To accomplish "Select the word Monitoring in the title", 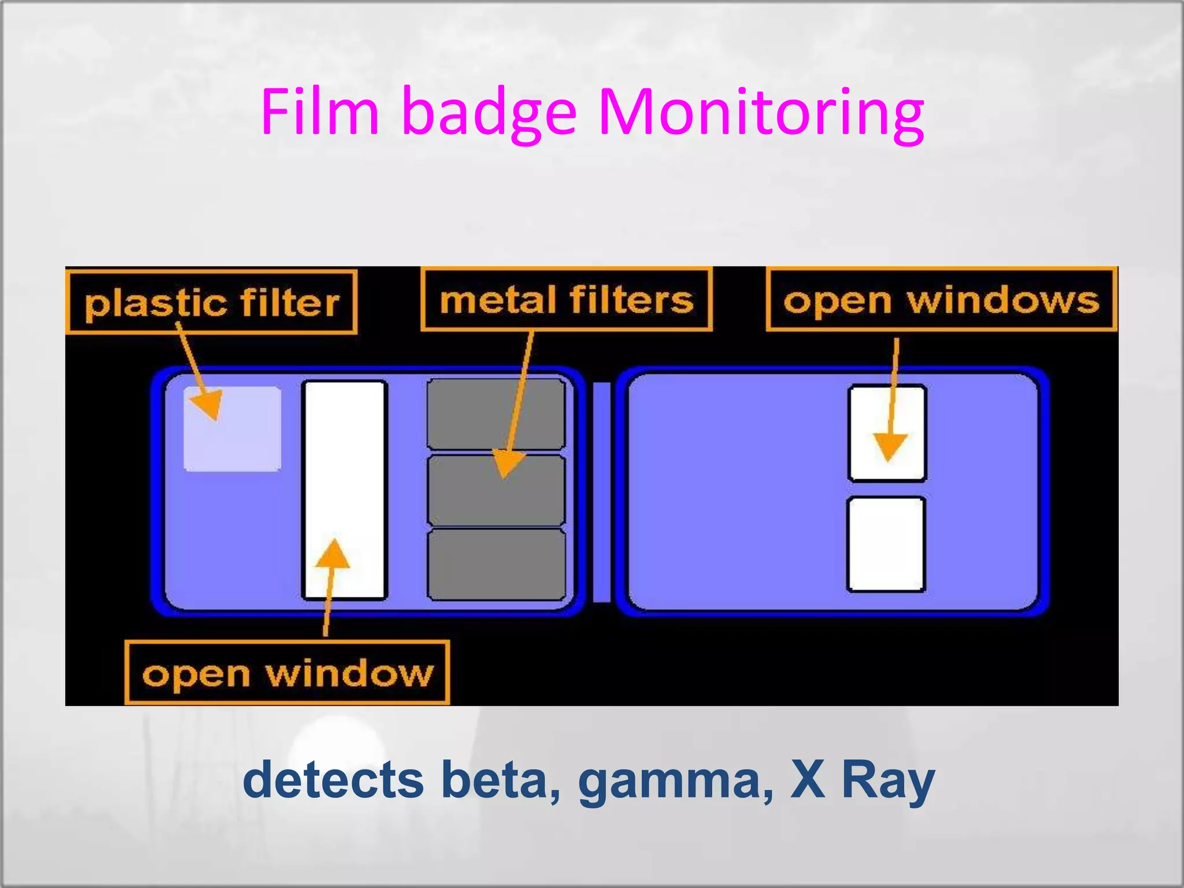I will point(760,113).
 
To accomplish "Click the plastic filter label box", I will point(212,302).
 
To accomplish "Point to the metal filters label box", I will point(567,299).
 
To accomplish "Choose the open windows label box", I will point(941,299).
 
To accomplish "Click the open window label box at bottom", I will point(287,673).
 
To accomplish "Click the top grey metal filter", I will point(496,413).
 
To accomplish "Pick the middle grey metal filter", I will point(496,490).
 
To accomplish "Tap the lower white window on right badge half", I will point(886,544).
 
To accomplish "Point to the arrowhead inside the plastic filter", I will point(206,402).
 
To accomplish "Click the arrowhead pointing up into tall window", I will point(333,555).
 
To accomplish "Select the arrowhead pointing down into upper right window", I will point(889,446).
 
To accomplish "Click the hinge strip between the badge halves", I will point(601,491).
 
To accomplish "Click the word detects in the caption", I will point(333,780).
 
